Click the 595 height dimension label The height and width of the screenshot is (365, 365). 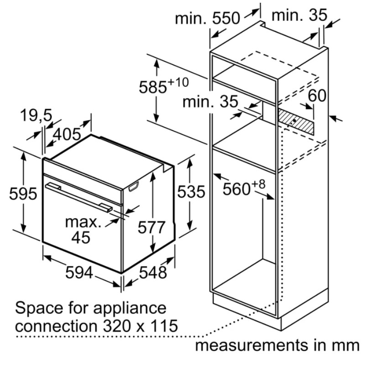23,193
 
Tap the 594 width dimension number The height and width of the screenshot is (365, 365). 79,272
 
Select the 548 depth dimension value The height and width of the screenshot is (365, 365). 153,272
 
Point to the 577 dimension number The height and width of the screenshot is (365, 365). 151,227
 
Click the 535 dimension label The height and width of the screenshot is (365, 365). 191,192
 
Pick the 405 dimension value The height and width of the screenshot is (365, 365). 67,135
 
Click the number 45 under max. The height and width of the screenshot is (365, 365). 81,237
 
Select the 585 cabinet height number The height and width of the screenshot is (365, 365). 153,88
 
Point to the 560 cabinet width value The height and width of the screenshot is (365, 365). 236,189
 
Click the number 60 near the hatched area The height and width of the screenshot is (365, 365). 317,95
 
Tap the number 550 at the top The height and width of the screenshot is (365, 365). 226,18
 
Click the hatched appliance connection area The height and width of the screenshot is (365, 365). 296,122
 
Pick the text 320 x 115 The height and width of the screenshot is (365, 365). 141,326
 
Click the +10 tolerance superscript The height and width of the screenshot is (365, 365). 178,83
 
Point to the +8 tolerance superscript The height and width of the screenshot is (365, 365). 258,184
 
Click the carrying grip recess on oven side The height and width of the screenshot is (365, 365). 133,187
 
